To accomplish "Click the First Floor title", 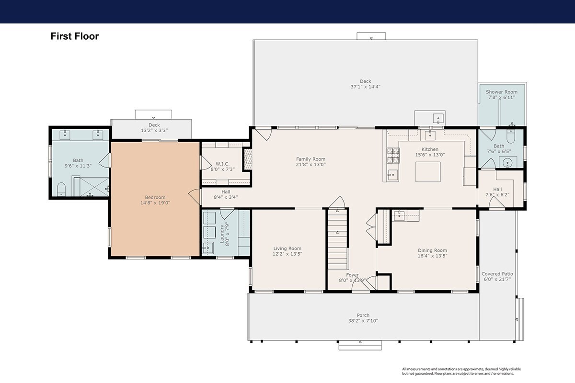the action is [75, 36].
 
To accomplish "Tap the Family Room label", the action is [310, 159].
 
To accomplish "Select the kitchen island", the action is [428, 172].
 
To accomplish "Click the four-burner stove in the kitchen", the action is [393, 156].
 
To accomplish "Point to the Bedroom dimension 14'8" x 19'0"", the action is [155, 203].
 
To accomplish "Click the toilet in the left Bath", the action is [61, 189].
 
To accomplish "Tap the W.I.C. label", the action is [222, 164].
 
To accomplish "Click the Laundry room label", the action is [222, 234].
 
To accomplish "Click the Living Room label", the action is [287, 248].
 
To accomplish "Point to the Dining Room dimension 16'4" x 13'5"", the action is [433, 256].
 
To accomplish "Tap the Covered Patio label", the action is [497, 274].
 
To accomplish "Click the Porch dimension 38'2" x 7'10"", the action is [363, 321].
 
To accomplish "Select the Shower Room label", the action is [501, 92].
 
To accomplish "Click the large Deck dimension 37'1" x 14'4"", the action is [365, 87].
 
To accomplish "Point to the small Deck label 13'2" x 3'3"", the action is [154, 128].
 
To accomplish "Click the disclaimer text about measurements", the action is [461, 371].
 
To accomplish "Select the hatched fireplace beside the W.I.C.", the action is [248, 159].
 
